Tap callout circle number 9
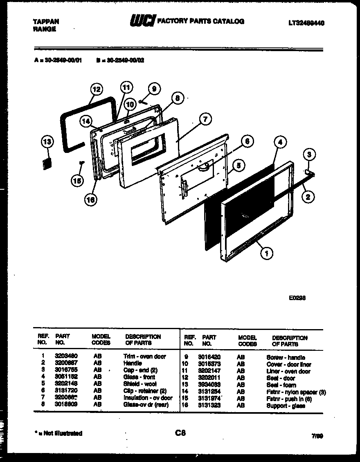coord(153,89)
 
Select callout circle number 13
coord(47,142)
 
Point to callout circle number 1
coord(266,254)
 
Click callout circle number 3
coord(309,155)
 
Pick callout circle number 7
coord(205,119)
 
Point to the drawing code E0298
coord(297,298)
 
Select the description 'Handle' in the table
coord(133,363)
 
